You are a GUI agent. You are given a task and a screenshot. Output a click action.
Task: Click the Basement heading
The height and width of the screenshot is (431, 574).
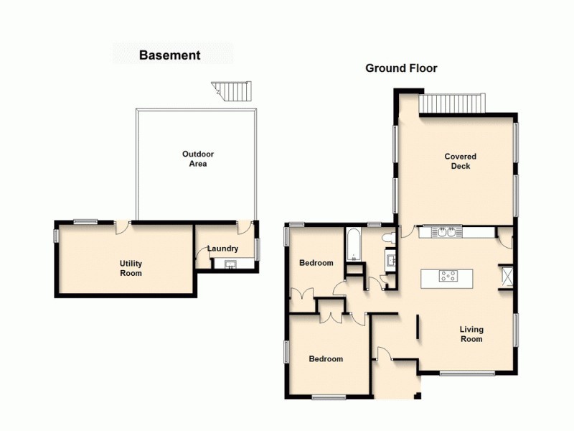point(169,55)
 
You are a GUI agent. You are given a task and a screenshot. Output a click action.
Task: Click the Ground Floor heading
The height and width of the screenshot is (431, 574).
point(401,68)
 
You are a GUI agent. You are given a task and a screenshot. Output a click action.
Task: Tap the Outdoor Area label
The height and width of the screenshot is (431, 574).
point(198,159)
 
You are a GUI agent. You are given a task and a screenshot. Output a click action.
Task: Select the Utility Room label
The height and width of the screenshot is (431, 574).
point(131,268)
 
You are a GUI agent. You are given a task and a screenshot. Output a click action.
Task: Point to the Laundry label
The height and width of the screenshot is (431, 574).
point(222,249)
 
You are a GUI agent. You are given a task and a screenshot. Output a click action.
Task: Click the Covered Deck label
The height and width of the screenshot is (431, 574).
point(460,161)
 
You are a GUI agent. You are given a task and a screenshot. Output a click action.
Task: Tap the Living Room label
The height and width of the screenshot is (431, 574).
point(471,334)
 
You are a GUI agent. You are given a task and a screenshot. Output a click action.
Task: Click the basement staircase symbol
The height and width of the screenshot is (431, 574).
point(232,91)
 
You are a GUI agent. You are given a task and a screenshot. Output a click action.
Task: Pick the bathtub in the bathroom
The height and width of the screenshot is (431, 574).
point(354,245)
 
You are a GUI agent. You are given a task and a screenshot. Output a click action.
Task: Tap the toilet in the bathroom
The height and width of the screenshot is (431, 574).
point(387,237)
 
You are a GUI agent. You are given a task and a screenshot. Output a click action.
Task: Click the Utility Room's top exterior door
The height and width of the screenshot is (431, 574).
point(122,226)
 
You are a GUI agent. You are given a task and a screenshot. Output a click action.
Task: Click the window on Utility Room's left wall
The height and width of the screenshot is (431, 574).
point(56,235)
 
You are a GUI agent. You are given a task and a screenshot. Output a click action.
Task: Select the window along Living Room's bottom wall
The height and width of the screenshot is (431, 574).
point(466,373)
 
